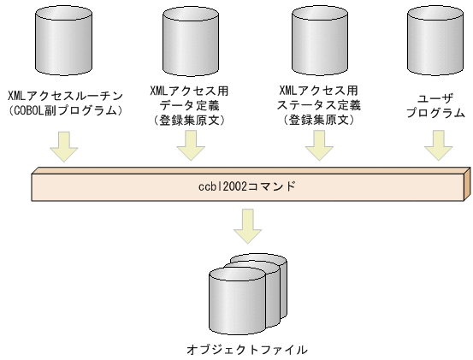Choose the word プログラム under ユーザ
pos(435,112)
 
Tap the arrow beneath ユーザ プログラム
pos(436,145)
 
